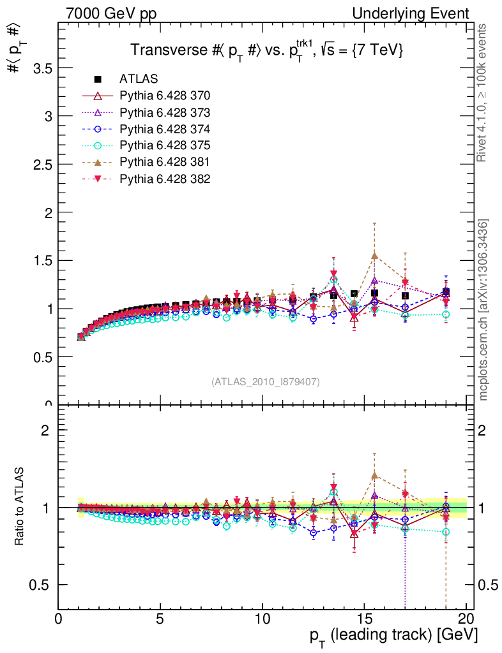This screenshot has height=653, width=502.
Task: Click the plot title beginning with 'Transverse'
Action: [266, 51]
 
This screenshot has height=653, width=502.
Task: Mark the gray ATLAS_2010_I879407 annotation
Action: [266, 381]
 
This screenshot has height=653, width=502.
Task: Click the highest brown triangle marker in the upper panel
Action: [375, 256]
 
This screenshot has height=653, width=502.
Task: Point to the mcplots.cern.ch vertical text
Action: [484, 310]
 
